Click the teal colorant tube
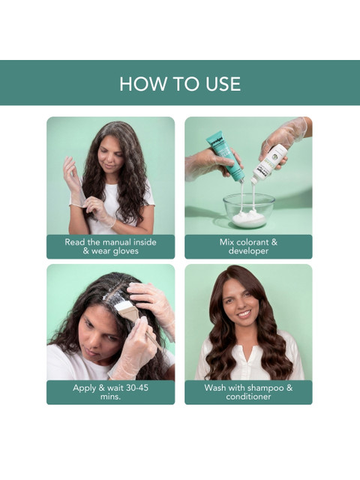(x=224, y=156)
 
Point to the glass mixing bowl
(x=248, y=211)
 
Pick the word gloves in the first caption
(x=125, y=252)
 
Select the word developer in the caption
(x=248, y=251)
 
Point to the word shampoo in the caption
(x=265, y=388)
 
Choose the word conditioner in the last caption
(x=248, y=397)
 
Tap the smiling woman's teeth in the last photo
(x=244, y=313)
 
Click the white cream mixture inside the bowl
(x=248, y=218)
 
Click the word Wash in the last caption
(x=215, y=388)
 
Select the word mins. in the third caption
(x=110, y=397)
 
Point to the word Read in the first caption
(x=75, y=242)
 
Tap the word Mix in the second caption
(x=226, y=242)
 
